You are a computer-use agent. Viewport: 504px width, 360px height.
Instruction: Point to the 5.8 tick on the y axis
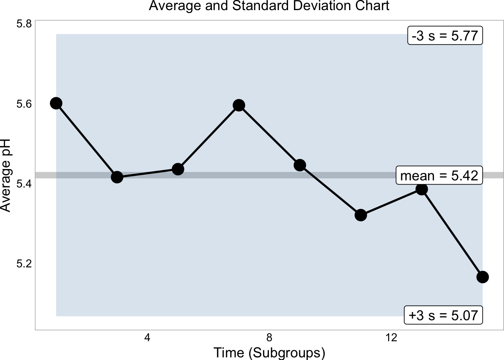(24, 24)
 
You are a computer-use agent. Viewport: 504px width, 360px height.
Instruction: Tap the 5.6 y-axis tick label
(24, 104)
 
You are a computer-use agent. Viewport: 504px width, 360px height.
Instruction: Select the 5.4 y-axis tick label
(24, 184)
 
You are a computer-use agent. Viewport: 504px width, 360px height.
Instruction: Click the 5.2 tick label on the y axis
(24, 264)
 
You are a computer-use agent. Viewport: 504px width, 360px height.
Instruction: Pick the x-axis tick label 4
(147, 338)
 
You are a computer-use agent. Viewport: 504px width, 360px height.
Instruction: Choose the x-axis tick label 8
(269, 338)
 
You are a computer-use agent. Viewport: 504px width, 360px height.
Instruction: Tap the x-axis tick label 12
(391, 338)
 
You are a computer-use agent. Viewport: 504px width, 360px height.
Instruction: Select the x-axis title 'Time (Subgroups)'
(269, 353)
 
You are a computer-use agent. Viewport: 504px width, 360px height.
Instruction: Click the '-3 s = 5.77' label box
(445, 36)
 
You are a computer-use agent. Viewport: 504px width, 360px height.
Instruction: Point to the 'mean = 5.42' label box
(439, 175)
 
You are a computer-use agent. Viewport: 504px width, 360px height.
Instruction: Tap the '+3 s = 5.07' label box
(443, 315)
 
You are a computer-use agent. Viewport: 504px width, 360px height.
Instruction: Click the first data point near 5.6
(56, 103)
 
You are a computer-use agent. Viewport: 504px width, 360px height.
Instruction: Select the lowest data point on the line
(483, 277)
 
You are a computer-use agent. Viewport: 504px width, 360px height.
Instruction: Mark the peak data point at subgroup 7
(239, 105)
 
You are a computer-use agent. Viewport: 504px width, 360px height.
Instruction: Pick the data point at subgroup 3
(117, 177)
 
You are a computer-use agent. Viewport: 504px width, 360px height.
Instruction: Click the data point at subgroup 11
(361, 215)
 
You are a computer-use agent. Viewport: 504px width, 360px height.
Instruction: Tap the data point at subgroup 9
(300, 165)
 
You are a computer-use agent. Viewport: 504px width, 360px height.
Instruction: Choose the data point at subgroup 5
(178, 169)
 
